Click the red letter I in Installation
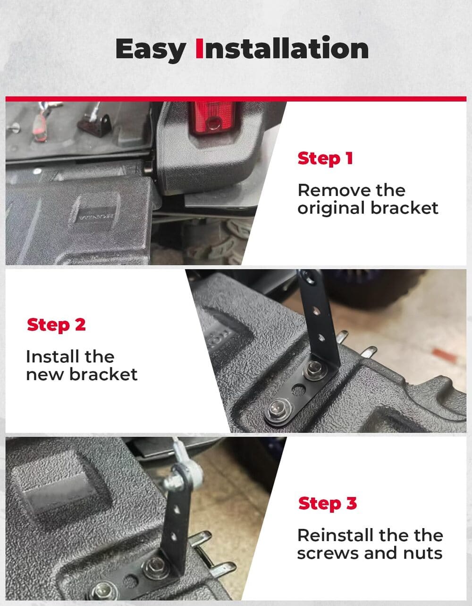click(199, 49)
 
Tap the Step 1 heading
click(325, 158)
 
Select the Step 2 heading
click(56, 324)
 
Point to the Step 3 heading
click(327, 503)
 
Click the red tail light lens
click(212, 119)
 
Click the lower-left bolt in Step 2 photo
click(278, 407)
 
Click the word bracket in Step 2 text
click(103, 374)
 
